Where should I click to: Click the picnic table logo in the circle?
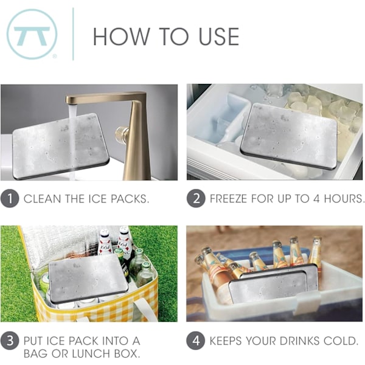point(32,35)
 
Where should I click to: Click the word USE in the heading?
point(219,36)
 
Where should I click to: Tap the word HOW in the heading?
point(121,36)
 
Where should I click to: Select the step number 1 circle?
point(10,198)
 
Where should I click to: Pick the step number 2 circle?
point(196,198)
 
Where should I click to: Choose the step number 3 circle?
point(10,341)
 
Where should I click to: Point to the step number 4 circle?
point(196,341)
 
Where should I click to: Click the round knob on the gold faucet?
point(122,135)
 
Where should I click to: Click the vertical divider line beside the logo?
point(74,34)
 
